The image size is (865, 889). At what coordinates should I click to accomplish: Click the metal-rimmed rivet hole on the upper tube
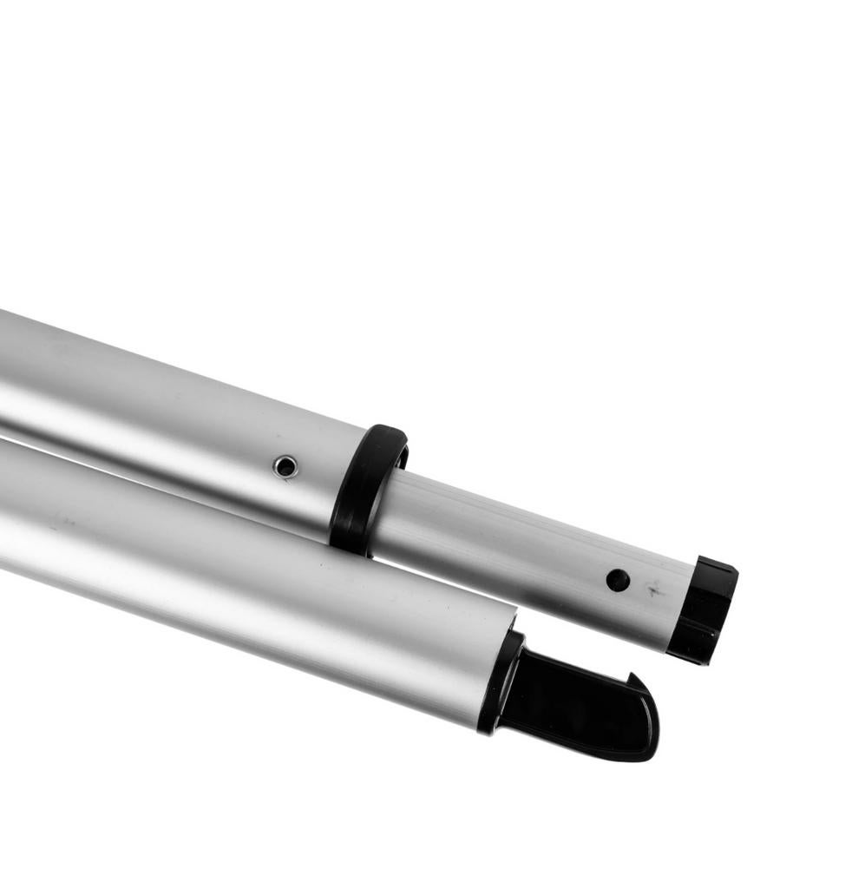tap(285, 466)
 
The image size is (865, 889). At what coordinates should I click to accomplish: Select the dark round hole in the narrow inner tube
tap(618, 580)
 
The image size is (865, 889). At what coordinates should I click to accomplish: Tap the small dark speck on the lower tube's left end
tap(59, 524)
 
